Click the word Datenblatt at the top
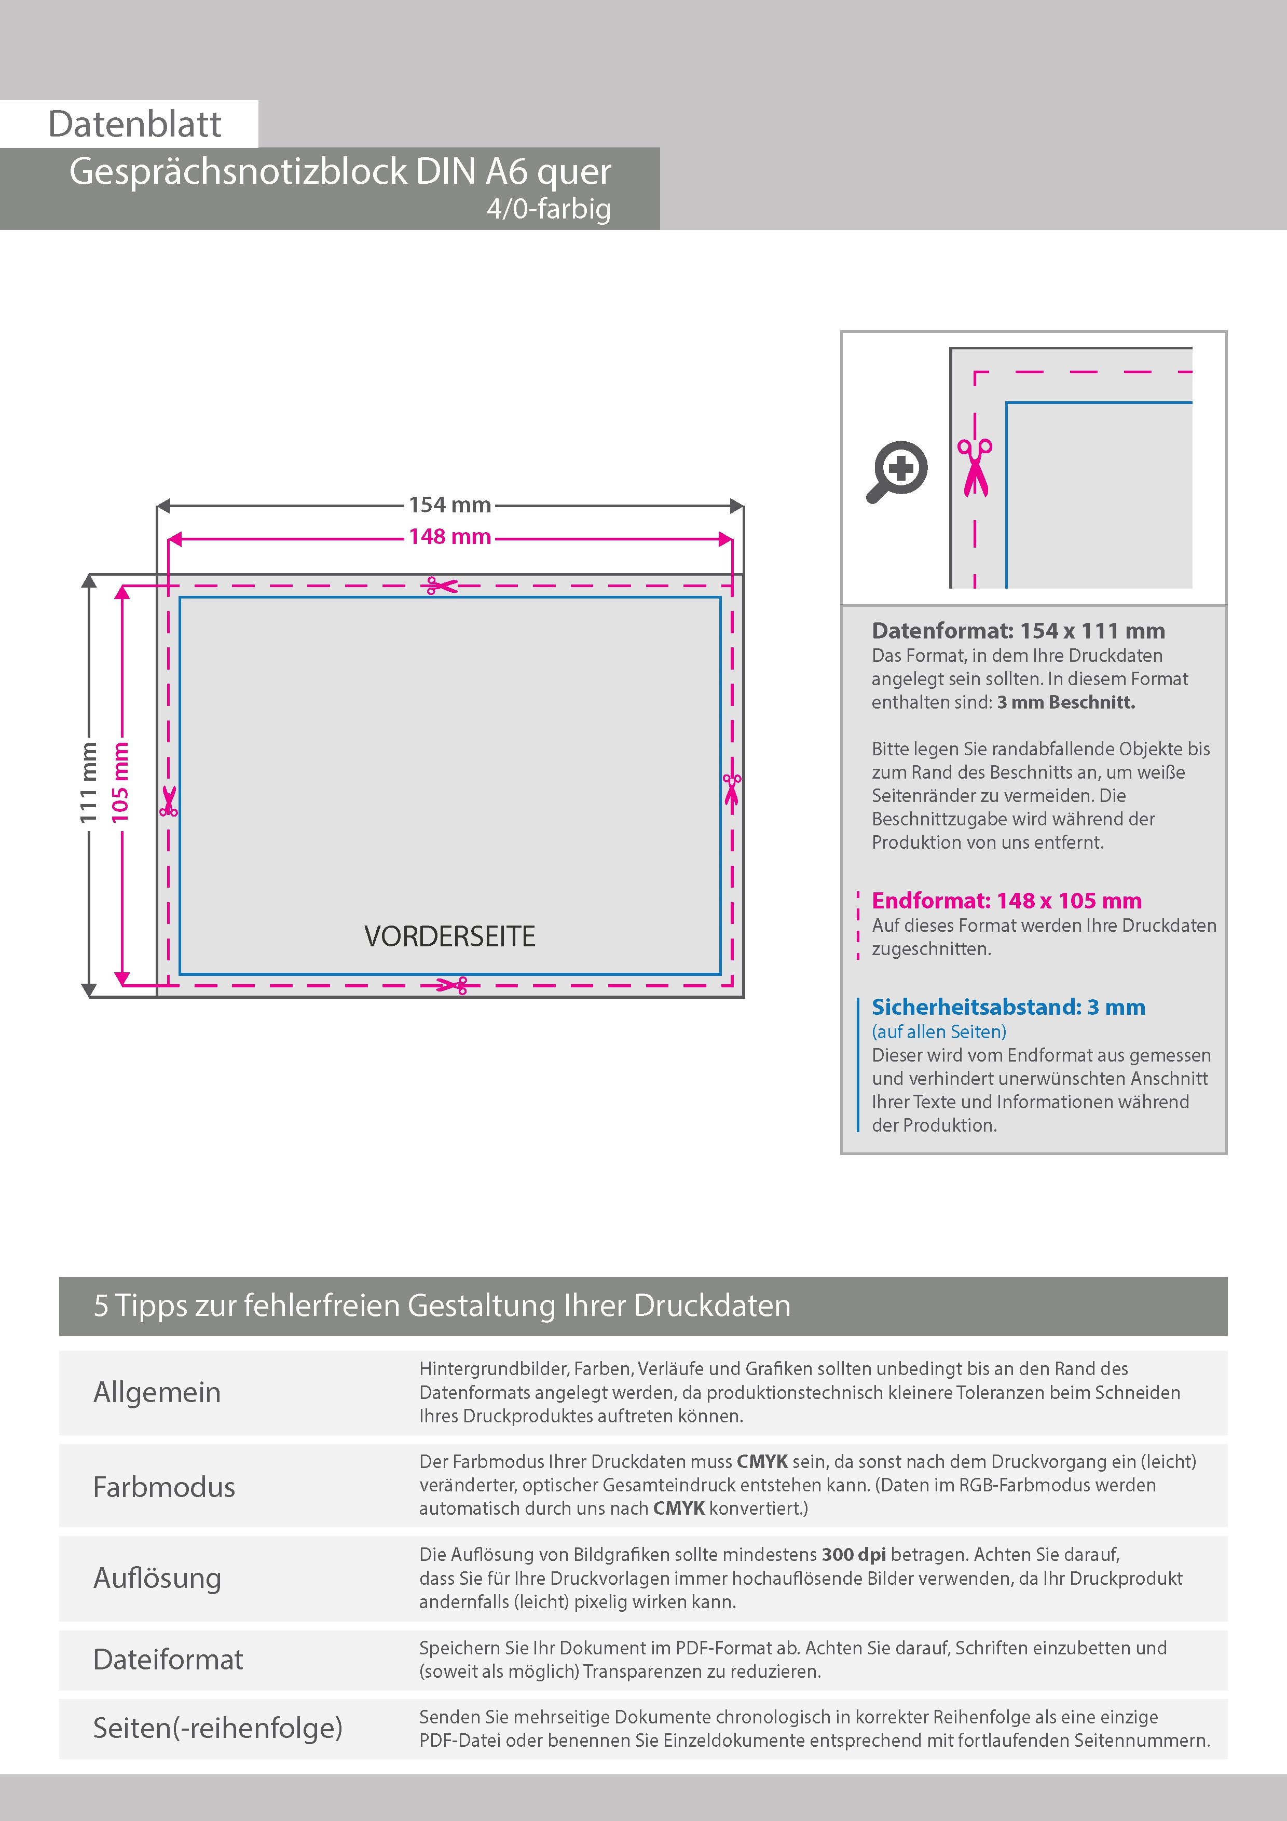(x=135, y=125)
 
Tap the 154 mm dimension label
(x=449, y=505)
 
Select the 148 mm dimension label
(x=449, y=537)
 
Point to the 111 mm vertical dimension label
(x=88, y=782)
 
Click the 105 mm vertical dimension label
(x=120, y=782)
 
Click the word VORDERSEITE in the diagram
(x=449, y=936)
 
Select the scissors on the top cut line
(x=442, y=586)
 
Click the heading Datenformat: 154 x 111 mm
(x=1018, y=631)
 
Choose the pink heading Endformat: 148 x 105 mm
(x=1006, y=901)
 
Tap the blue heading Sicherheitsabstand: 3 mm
(x=1008, y=1007)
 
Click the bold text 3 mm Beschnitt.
(x=1066, y=702)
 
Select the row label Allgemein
(x=157, y=1392)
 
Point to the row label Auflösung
(x=157, y=1578)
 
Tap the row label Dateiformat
(x=168, y=1659)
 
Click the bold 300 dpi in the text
(x=854, y=1555)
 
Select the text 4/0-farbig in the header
(x=549, y=209)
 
